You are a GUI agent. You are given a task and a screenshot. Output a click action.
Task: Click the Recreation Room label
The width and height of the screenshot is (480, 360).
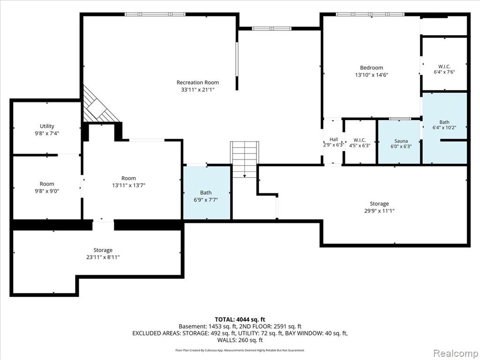tap(198, 82)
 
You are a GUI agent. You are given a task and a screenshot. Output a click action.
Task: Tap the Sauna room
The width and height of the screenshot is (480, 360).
tap(399, 142)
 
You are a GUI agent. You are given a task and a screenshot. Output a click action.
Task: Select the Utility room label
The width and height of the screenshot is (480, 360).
tap(47, 126)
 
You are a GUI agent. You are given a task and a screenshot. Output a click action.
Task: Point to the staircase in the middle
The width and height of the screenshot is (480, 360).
tap(245, 159)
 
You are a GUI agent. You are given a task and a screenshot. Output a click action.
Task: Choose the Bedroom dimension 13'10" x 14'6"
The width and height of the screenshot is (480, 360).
tap(371, 75)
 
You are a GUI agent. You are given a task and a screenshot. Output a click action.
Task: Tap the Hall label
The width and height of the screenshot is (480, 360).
tap(334, 139)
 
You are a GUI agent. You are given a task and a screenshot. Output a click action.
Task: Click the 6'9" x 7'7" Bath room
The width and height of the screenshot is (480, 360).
tap(207, 193)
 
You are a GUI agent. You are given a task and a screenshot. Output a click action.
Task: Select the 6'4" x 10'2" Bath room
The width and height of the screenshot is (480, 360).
tap(445, 128)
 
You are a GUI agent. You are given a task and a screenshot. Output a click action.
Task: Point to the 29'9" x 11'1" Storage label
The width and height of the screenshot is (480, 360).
tap(379, 203)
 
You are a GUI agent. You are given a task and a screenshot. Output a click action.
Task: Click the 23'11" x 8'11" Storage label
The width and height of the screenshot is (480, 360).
tap(103, 250)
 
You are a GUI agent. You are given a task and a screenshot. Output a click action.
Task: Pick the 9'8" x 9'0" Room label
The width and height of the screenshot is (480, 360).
tap(47, 184)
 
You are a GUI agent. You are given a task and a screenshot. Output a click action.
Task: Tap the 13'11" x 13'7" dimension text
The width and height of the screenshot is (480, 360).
tap(128, 185)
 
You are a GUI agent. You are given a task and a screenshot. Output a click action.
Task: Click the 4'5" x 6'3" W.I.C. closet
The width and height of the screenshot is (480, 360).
tap(360, 142)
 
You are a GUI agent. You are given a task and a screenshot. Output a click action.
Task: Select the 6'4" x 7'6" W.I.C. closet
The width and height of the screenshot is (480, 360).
tap(444, 64)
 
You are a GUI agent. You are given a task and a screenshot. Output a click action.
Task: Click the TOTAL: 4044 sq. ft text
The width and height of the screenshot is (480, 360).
tap(240, 320)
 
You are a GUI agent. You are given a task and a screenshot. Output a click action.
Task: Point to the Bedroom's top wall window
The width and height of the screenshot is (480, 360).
tap(370, 14)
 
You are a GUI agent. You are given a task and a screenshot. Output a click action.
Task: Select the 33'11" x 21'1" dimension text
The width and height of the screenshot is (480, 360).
tap(198, 90)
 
